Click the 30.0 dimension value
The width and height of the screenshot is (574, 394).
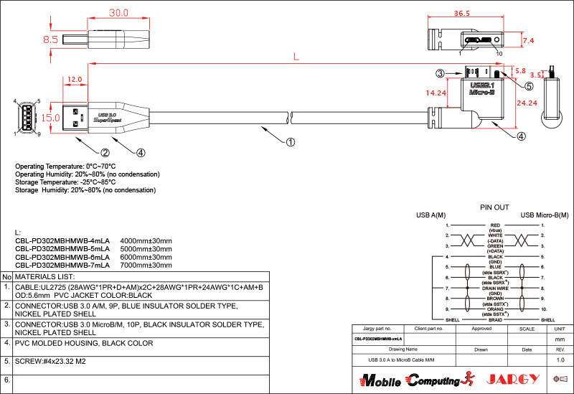118,13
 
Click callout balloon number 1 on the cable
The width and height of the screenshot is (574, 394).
291,141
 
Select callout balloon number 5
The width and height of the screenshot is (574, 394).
529,86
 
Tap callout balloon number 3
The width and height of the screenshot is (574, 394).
441,72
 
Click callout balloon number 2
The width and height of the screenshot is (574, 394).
105,152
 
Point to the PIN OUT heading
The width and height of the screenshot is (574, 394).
494,207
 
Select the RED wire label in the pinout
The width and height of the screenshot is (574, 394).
495,225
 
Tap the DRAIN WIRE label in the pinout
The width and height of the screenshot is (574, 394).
495,288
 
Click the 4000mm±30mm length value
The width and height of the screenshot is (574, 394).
146,240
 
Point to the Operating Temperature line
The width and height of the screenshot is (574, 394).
65,166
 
